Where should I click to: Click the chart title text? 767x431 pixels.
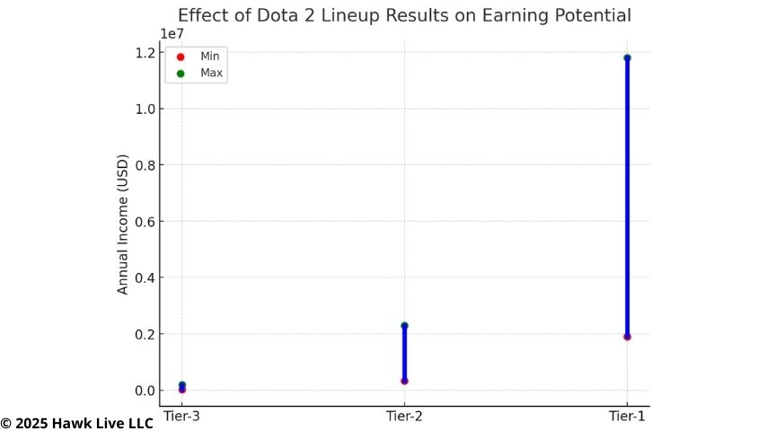pos(404,15)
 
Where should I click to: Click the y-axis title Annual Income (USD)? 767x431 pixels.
pos(123,224)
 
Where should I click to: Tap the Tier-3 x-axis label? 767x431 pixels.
pos(182,416)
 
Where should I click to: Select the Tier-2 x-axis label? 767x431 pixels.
pos(404,416)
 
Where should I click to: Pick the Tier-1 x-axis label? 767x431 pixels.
pos(626,416)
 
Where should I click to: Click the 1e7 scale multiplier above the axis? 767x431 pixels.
pos(172,34)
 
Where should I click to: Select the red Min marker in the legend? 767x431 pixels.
pos(181,57)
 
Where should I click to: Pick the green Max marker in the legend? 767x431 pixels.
pos(181,73)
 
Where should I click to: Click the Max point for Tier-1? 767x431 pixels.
pos(627,57)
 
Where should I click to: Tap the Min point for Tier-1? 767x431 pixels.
pos(627,337)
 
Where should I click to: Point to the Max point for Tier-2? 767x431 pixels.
pos(404,325)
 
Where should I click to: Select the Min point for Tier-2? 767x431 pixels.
pos(404,381)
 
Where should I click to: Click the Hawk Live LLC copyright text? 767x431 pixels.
pos(77,423)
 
